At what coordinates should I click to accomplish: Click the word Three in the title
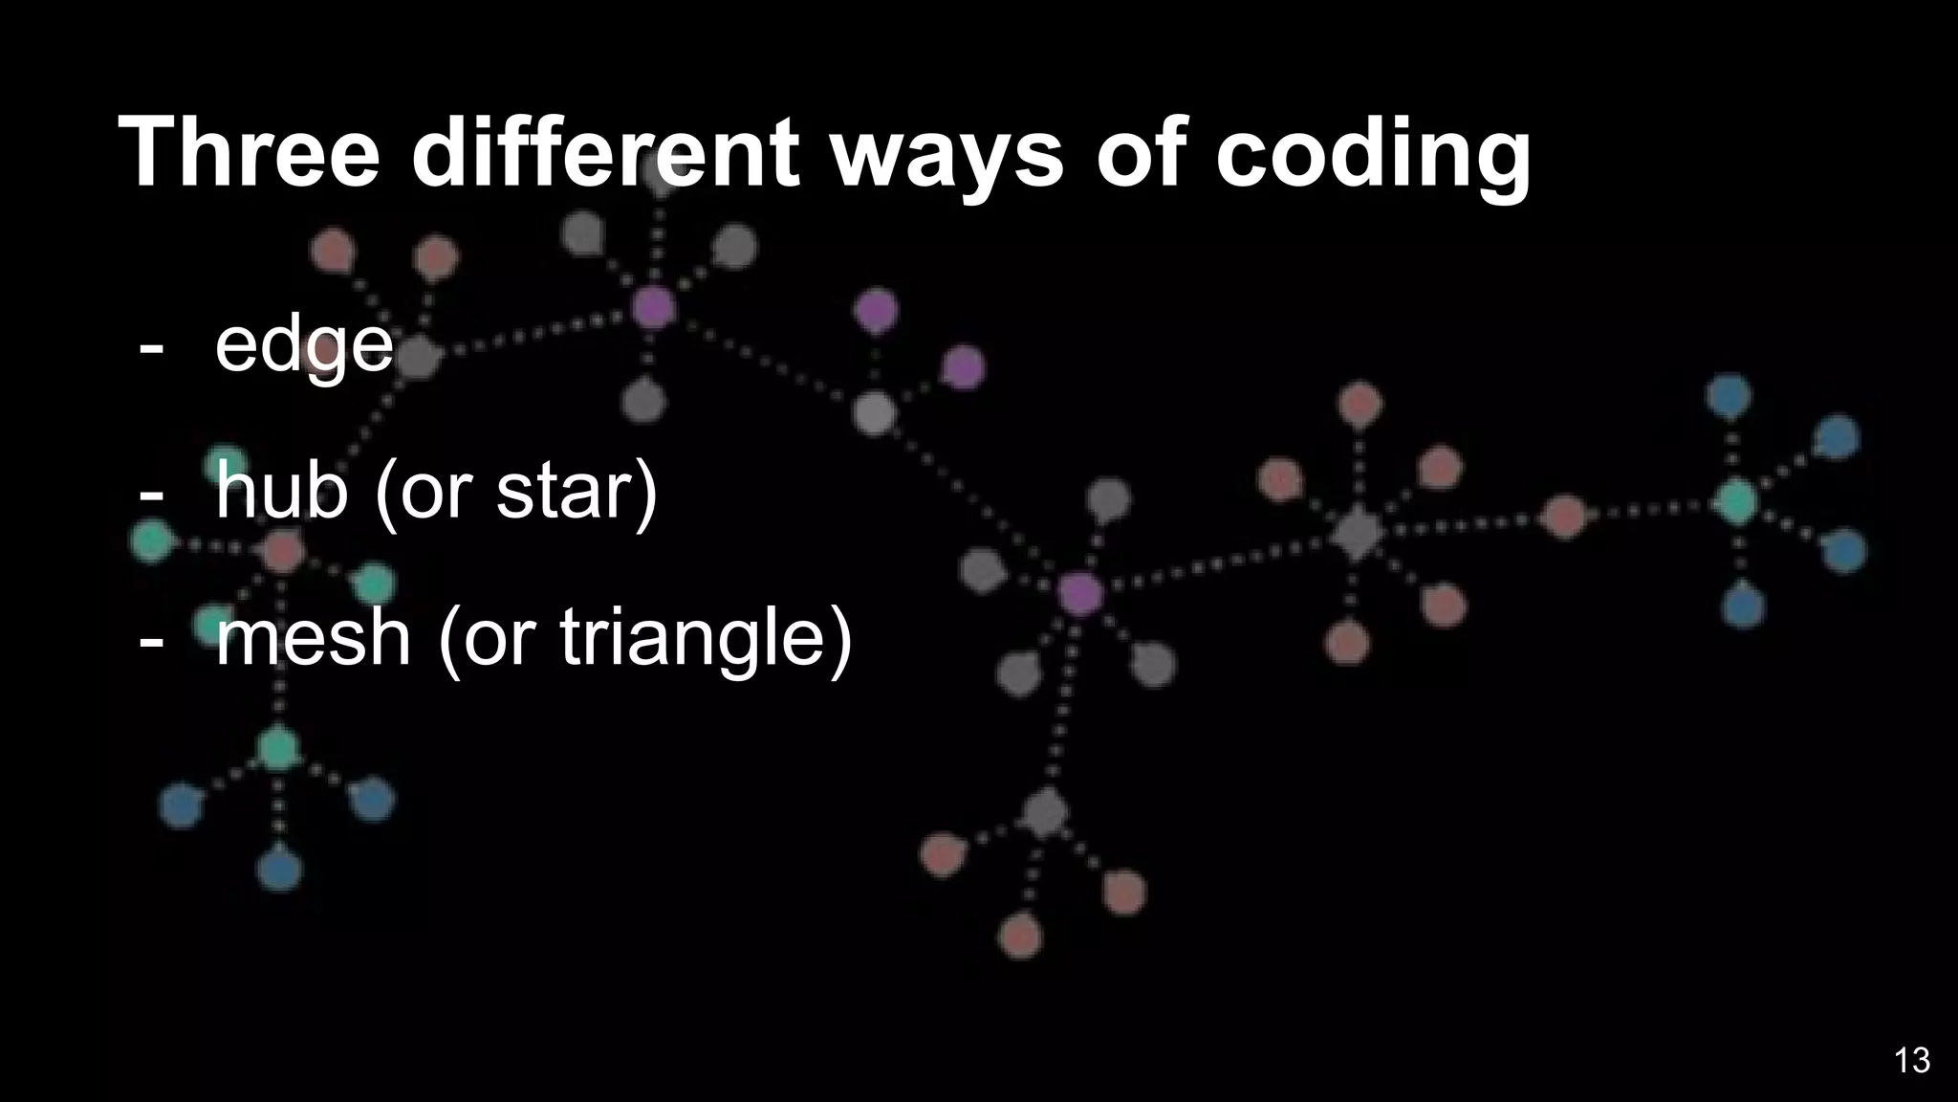(x=250, y=153)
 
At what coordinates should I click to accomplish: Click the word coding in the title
(x=1373, y=153)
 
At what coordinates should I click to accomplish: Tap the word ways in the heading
(x=946, y=153)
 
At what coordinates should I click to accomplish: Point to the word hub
(x=281, y=491)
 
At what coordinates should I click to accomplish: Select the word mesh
(x=313, y=638)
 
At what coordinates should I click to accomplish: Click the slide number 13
(x=1911, y=1060)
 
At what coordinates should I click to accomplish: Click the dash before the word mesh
(x=150, y=639)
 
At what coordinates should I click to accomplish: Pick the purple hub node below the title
(x=654, y=307)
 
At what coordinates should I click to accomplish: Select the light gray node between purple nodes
(x=874, y=413)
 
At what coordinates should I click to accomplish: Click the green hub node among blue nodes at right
(x=1736, y=501)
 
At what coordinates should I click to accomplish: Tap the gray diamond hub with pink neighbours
(x=1356, y=533)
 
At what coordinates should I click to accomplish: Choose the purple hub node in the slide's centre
(x=1080, y=593)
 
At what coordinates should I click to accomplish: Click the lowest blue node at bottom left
(x=279, y=870)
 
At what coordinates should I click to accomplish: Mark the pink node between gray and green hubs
(x=1564, y=518)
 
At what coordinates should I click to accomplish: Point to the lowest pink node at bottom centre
(x=1020, y=935)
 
